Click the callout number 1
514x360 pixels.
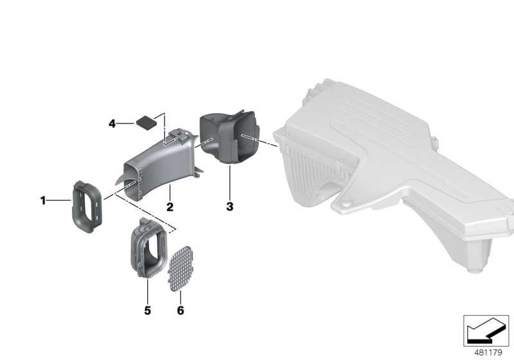coord(43,201)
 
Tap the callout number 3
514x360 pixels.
coord(229,207)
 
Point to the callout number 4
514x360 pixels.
coord(112,122)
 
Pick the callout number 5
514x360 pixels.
coord(147,310)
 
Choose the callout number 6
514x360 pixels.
coord(181,310)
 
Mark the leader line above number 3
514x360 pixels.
coord(229,183)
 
